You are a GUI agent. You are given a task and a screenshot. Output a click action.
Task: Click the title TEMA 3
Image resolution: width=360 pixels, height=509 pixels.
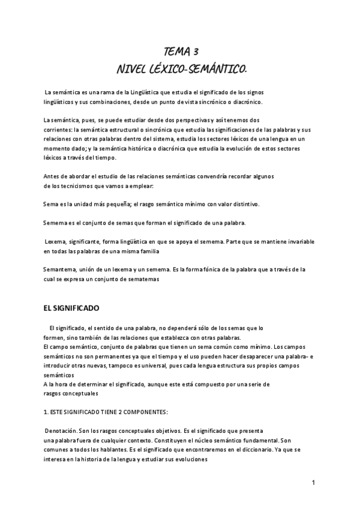[182, 52]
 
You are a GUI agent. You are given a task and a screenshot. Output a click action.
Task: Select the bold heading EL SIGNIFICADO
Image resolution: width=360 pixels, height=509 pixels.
[71, 308]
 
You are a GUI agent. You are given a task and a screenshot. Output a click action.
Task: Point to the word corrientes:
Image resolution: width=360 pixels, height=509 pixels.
[58, 130]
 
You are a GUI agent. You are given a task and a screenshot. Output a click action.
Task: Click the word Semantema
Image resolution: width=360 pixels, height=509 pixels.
[61, 270]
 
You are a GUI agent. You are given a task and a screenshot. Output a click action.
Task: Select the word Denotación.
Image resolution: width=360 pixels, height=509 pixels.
[63, 432]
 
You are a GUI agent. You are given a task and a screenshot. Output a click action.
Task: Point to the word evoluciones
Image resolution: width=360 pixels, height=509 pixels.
[188, 460]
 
